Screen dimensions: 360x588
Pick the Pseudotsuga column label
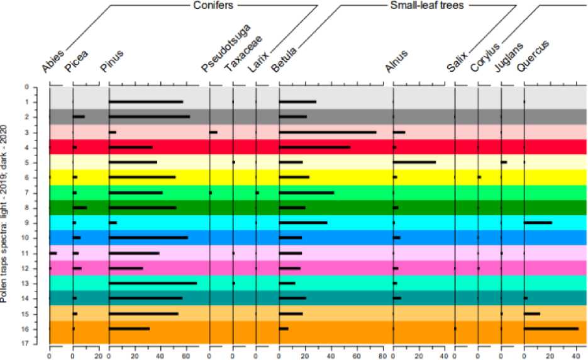pos(226,48)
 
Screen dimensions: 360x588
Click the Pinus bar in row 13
pos(153,283)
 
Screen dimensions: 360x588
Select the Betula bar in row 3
pos(328,132)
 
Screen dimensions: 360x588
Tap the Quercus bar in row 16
pos(551,329)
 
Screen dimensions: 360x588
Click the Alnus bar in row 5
pos(414,162)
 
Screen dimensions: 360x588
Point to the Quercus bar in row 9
pos(538,223)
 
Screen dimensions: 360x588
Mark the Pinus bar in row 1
pos(146,102)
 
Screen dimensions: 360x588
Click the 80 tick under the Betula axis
pos(382,355)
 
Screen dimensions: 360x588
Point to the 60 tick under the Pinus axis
pos(186,355)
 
